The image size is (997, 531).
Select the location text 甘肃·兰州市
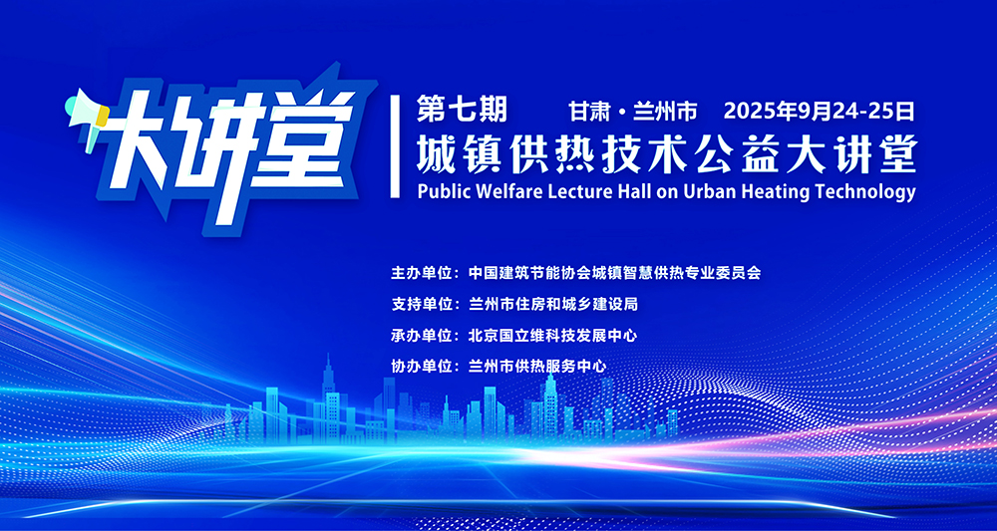coord(633,113)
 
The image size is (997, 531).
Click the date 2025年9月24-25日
coord(819,112)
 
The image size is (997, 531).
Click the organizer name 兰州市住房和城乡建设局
coord(552,304)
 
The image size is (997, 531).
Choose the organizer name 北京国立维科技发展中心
coord(552,335)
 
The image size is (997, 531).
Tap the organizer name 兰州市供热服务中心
coord(537,366)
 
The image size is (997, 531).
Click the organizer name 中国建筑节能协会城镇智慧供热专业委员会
coord(614,273)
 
